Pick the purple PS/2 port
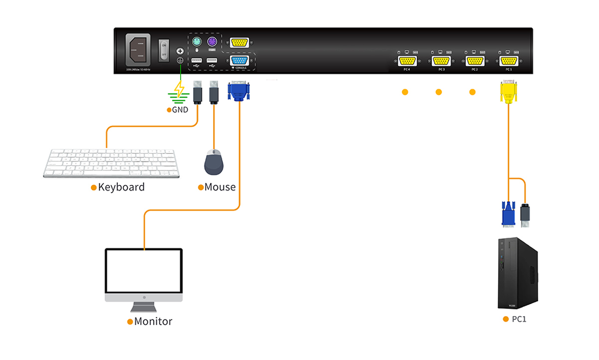[212, 42]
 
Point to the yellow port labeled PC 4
[407, 61]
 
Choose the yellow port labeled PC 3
[441, 61]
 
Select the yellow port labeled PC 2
[475, 61]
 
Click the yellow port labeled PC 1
[508, 61]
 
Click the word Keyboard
[121, 187]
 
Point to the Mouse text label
[220, 187]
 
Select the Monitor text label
[153, 322]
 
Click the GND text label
[180, 109]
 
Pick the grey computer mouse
[215, 162]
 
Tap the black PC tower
[518, 273]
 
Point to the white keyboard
[111, 162]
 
